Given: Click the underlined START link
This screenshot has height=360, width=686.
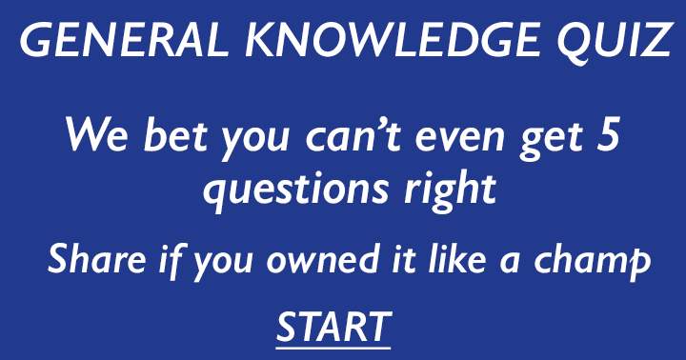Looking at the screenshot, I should [x=333, y=327].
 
